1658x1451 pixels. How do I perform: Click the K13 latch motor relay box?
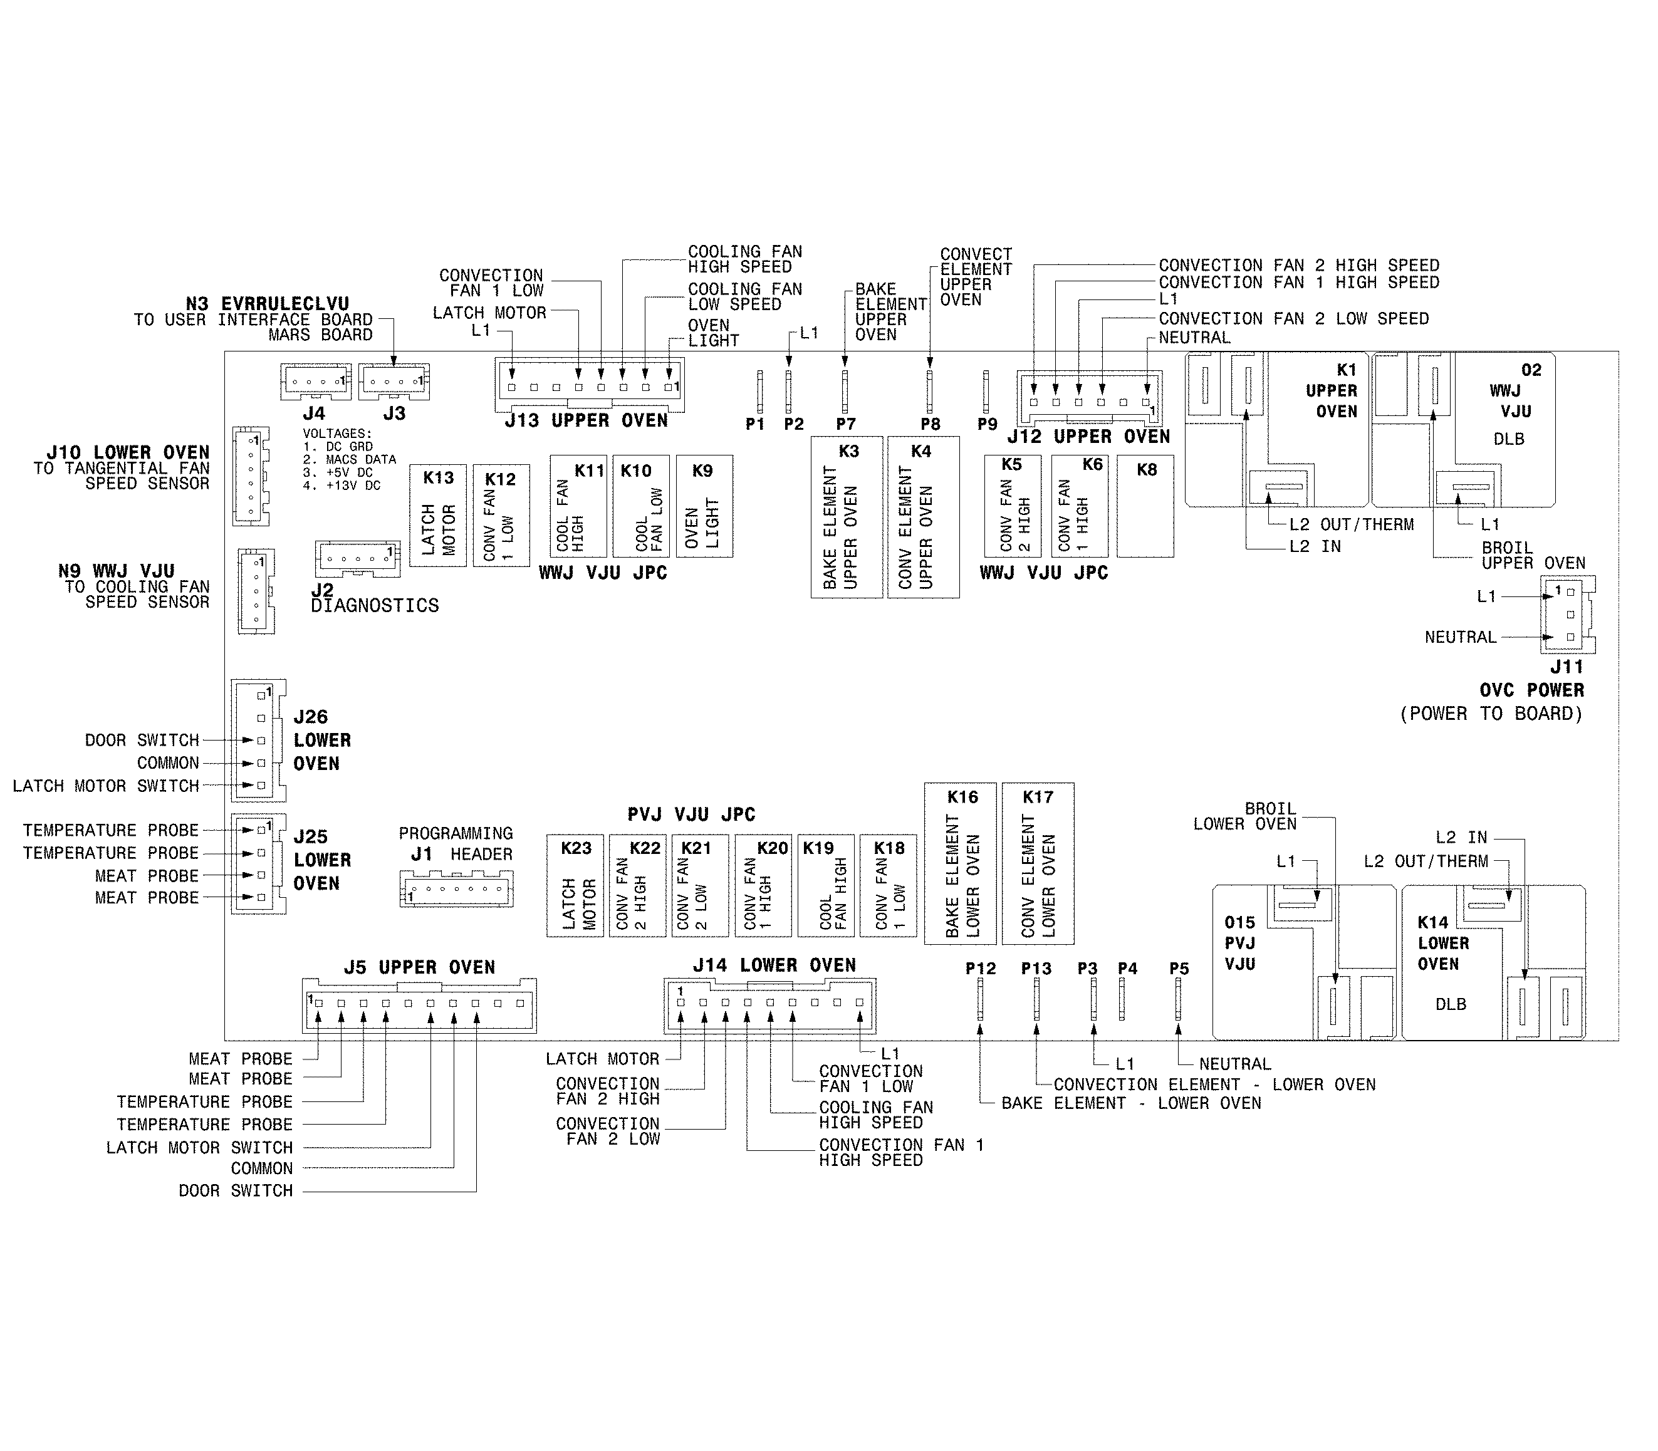[x=437, y=515]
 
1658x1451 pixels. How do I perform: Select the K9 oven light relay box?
[x=704, y=506]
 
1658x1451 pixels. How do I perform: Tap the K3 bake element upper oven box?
[x=847, y=517]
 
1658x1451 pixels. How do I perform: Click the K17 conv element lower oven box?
[x=1038, y=863]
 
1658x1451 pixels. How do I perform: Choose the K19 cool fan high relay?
[x=825, y=886]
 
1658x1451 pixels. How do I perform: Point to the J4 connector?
[x=315, y=382]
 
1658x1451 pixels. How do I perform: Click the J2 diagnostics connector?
[x=357, y=559]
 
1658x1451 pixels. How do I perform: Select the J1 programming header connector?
[x=457, y=890]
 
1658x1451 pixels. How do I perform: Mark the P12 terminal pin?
[x=980, y=999]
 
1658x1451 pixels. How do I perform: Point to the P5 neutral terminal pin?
[x=1177, y=999]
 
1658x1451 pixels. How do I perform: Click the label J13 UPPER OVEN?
[x=586, y=421]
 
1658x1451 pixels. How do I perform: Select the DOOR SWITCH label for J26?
[x=142, y=740]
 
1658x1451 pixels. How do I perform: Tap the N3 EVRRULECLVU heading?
[x=268, y=304]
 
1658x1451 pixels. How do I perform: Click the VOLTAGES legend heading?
[x=337, y=434]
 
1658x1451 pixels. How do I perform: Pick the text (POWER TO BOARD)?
[x=1490, y=714]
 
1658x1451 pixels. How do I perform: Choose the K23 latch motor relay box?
[x=575, y=886]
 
